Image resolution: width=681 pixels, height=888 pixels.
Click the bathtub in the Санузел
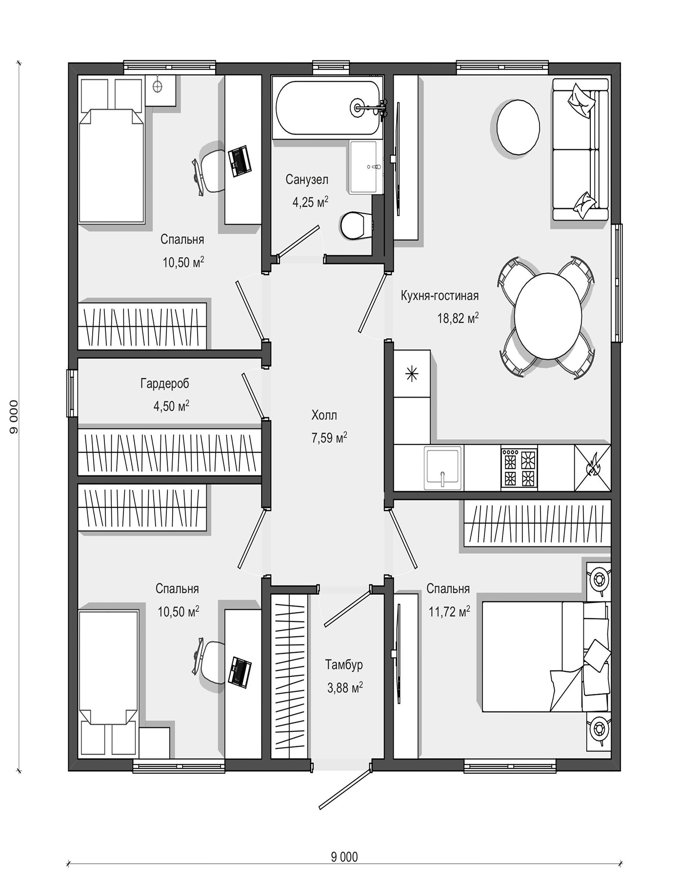tap(327, 108)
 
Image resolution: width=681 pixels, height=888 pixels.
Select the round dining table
tap(547, 316)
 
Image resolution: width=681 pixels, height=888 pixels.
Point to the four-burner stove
tap(519, 467)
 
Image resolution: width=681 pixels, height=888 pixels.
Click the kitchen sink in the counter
tap(442, 468)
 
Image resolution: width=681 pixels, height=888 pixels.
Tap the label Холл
tap(324, 415)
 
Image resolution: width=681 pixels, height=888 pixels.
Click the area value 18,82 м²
tap(458, 319)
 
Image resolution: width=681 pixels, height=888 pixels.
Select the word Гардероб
tap(164, 383)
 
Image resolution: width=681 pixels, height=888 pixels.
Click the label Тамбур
tap(344, 665)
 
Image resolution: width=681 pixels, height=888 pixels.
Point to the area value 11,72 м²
tap(449, 611)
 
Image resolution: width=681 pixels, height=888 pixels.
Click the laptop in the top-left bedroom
tap(240, 161)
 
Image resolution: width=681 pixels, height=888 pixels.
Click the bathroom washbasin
tap(363, 167)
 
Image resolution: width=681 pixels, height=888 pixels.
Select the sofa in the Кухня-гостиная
tap(581, 150)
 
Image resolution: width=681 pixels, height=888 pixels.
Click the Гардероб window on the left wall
tap(72, 393)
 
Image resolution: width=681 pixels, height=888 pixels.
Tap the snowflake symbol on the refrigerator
tap(412, 374)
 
